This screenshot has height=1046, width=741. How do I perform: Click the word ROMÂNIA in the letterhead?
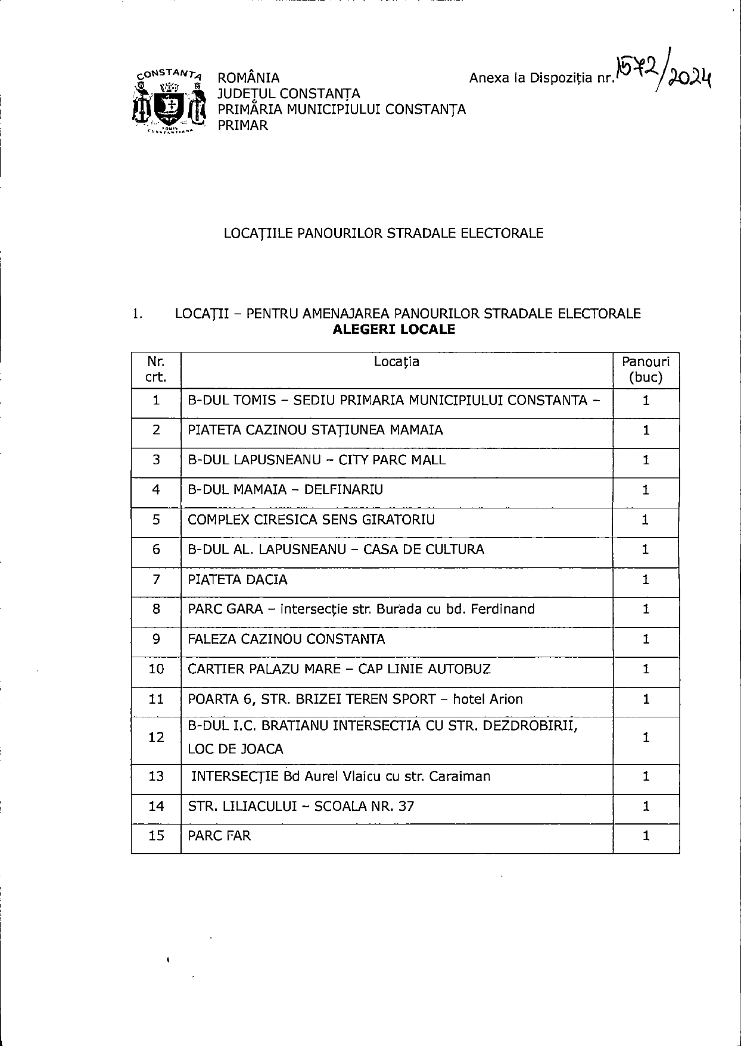pyautogui.click(x=248, y=78)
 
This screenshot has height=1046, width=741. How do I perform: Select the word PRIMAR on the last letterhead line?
pyautogui.click(x=242, y=126)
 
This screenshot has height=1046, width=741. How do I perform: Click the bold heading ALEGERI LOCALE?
pyautogui.click(x=394, y=330)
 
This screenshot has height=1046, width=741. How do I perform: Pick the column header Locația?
pyautogui.click(x=396, y=362)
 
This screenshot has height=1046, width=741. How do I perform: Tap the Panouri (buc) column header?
pyautogui.click(x=646, y=370)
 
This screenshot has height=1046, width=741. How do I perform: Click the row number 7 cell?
pyautogui.click(x=156, y=580)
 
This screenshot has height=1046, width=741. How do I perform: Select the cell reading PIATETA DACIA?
pyautogui.click(x=238, y=580)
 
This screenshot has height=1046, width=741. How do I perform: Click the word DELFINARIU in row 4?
pyautogui.click(x=344, y=490)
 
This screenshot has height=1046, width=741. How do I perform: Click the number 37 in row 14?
pyautogui.click(x=406, y=807)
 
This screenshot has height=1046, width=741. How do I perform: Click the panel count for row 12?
pyautogui.click(x=646, y=738)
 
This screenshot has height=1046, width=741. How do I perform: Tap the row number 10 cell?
pyautogui.click(x=156, y=669)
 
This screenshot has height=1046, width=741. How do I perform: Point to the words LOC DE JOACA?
pyautogui.click(x=235, y=750)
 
